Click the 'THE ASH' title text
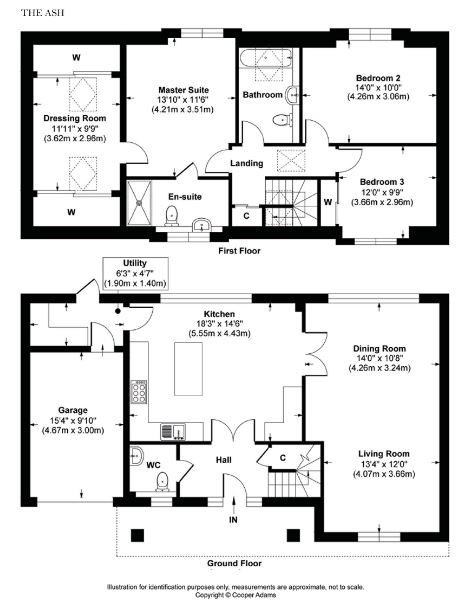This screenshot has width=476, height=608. pos(43,13)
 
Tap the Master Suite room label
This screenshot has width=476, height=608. pos(183,90)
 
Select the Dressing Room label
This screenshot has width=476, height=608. pos(75,118)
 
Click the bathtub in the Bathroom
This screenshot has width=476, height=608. pos(265,58)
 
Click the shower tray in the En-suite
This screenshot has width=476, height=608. pos(139,202)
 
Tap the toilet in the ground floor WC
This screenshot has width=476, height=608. pos(162,482)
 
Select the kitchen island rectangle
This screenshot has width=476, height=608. pos(188,369)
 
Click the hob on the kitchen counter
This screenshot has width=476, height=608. pos(139,392)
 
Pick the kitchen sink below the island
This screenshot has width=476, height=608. pos(173,432)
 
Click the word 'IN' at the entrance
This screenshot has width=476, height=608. pos(233,520)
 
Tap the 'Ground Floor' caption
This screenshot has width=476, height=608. pos(234,563)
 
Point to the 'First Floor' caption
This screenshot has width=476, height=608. pos(239,251)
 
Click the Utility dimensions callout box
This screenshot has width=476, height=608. pos(135,273)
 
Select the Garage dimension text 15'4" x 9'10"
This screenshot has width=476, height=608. pos(73,420)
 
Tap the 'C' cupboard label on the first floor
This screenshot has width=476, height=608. pos(246,216)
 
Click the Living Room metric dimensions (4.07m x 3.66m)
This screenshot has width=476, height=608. pos(384,474)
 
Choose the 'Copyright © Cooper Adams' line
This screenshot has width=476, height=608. pos(236,595)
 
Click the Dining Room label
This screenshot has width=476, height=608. pos(379,349)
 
